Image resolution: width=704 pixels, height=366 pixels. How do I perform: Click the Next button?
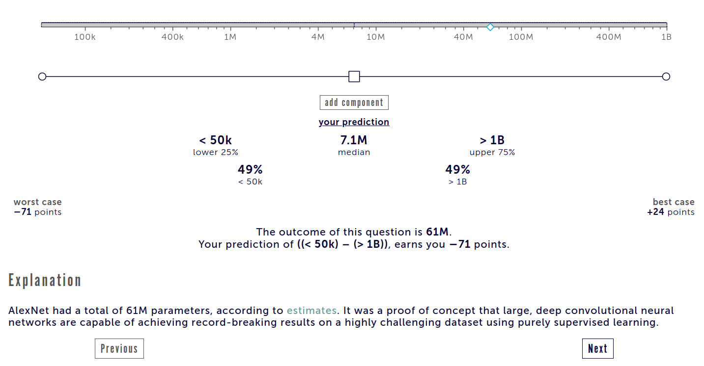point(597,348)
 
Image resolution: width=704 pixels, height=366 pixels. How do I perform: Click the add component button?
point(354,103)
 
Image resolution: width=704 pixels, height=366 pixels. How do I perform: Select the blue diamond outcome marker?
point(490,27)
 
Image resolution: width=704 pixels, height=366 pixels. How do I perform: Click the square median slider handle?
point(354,77)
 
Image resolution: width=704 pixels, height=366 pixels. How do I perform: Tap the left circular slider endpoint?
point(42,77)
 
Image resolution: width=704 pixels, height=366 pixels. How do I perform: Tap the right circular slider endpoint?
point(666,77)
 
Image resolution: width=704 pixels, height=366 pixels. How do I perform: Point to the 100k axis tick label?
point(85,37)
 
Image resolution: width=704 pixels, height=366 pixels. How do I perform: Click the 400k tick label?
point(172,37)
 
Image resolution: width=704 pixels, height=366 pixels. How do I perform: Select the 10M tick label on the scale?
point(375,37)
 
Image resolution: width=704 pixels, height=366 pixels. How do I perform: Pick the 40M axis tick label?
point(463,37)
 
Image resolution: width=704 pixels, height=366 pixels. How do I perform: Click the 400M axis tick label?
point(609,37)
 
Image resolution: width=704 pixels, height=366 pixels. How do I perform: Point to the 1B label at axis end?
point(666,37)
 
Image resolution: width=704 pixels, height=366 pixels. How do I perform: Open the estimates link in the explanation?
point(311,311)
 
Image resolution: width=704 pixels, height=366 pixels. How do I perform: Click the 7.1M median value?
point(354,140)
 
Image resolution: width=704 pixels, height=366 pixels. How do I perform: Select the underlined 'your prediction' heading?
point(354,122)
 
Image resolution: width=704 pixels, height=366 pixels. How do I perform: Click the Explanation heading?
point(45,280)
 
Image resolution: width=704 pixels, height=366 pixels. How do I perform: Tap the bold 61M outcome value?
point(437,232)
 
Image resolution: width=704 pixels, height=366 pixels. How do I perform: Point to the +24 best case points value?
point(655,212)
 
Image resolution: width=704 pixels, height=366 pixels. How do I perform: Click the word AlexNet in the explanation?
point(28,311)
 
